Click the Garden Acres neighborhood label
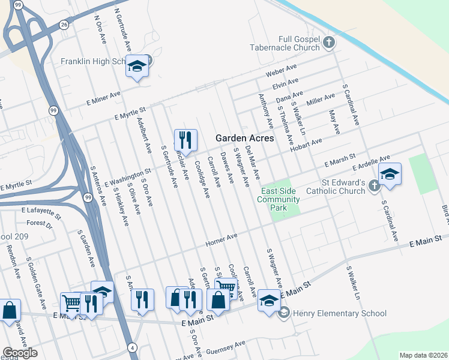tap(245, 138)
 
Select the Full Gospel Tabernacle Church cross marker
tap(328, 42)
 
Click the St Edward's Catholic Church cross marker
tap(373, 185)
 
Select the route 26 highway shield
tap(64, 25)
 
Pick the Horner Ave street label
tap(222, 240)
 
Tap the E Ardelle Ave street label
tap(372, 164)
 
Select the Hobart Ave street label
tap(308, 145)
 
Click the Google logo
tap(19, 353)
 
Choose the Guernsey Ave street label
tap(226, 347)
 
